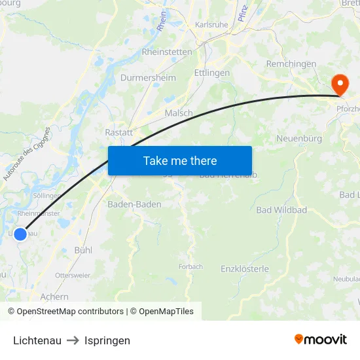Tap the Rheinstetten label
point(167,52)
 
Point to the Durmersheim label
point(149,78)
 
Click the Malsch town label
point(179,113)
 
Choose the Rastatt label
point(118,132)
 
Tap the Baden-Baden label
point(134,204)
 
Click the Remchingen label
point(291,64)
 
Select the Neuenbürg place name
point(299,138)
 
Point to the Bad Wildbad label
point(281,210)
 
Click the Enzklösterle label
point(245,269)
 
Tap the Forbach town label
point(190,266)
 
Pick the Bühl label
point(83,250)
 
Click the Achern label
point(54,297)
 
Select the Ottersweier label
point(73,276)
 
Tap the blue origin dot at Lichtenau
point(20,234)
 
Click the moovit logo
point(321,340)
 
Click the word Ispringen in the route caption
point(107,340)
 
